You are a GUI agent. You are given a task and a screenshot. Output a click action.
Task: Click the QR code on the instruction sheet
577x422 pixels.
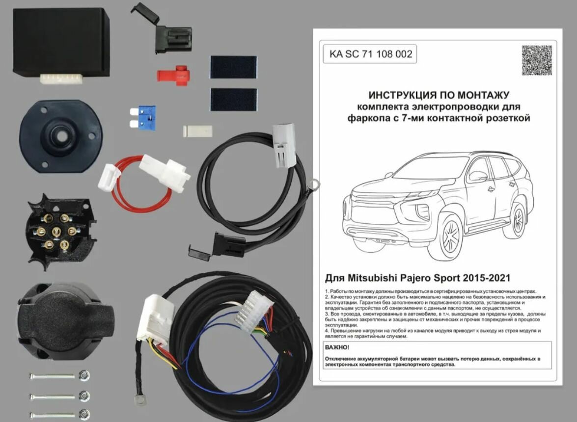[x=536, y=60]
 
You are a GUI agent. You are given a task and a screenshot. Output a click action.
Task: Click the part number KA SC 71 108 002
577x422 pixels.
[x=370, y=54]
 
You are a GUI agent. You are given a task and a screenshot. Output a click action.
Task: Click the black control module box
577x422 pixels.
[x=61, y=45]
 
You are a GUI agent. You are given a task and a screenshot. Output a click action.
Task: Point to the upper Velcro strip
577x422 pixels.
[x=233, y=67]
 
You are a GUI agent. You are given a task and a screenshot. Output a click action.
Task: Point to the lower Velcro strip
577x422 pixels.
[x=233, y=100]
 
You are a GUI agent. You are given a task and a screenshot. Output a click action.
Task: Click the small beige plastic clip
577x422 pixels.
[x=197, y=132]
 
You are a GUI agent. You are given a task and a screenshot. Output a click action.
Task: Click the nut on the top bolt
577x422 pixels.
[x=84, y=376]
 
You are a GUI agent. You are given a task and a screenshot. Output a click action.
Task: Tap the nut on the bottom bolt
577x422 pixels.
[x=84, y=414]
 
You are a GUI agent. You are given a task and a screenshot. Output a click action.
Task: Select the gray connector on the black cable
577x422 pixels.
[x=285, y=145]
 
